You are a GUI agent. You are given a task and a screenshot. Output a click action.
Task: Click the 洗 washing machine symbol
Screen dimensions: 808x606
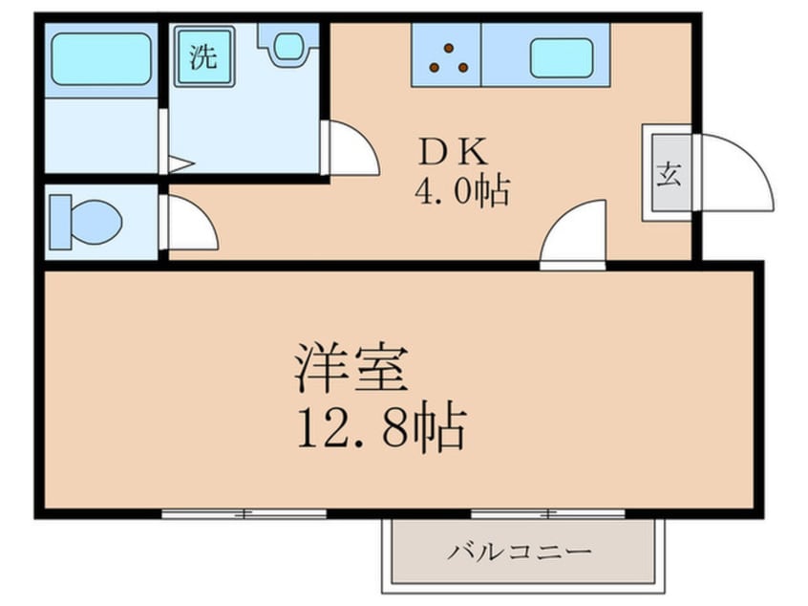pos(204,56)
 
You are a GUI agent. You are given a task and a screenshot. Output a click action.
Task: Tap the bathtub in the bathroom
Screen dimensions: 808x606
pos(101,59)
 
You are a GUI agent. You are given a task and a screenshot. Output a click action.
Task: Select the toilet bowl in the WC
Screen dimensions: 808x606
pos(96,223)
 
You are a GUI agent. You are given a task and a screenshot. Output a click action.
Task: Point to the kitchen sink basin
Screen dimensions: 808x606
pos(562,58)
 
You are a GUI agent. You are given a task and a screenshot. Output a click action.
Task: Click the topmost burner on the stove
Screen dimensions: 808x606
pos(449,48)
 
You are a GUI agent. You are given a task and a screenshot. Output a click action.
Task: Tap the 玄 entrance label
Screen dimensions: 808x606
pos(669,173)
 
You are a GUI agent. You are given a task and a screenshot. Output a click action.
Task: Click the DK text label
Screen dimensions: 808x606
pos(454,152)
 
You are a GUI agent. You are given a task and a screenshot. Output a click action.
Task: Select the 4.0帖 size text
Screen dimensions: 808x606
pos(462,191)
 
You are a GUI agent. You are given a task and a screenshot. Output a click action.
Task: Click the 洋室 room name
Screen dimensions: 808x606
pos(352,368)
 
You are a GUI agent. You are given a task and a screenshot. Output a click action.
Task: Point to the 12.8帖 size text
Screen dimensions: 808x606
pos(382,426)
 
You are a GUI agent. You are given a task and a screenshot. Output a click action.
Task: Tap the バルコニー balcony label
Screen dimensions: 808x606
pos(519,552)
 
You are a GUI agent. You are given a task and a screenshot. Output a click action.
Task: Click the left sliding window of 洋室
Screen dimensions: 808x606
pos(244,514)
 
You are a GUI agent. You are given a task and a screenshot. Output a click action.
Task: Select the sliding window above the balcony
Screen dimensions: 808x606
pos(548,514)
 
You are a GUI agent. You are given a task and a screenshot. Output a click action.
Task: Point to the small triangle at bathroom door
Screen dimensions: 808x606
pos(181,165)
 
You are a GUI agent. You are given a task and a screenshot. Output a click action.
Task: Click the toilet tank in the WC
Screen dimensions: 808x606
pos(60,223)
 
